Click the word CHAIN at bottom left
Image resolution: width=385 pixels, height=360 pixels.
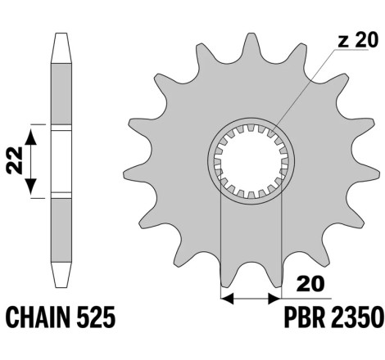[39, 317]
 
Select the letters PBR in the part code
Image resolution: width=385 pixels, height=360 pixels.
[305, 317]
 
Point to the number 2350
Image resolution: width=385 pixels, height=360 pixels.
[356, 317]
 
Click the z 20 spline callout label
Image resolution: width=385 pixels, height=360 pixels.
[358, 40]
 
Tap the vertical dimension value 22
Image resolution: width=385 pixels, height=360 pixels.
[15, 160]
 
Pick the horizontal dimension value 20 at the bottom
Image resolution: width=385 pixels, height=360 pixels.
[310, 284]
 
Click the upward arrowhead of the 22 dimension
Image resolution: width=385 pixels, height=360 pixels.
[30, 137]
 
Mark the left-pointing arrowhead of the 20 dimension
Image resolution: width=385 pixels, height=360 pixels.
[227, 299]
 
